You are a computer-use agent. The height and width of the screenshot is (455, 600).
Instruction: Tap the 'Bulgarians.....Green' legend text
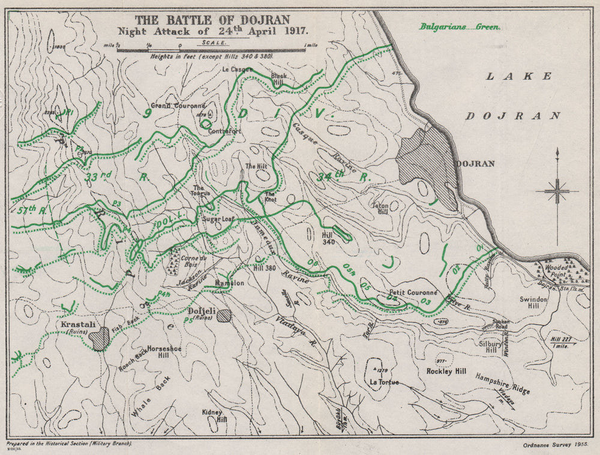460,26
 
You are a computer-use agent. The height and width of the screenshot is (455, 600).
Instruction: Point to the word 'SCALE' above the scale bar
214,43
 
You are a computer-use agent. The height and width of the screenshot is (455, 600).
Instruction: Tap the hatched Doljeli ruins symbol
224,316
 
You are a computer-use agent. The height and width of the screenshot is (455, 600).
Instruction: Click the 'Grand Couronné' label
178,106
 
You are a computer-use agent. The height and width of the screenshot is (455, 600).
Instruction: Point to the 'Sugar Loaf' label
217,220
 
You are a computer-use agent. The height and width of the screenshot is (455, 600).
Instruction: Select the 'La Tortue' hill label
384,382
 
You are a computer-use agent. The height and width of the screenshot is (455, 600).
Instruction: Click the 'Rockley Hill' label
463,372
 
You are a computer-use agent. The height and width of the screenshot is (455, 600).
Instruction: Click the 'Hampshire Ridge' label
502,384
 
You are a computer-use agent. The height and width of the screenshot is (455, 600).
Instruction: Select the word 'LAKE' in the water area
518,76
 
